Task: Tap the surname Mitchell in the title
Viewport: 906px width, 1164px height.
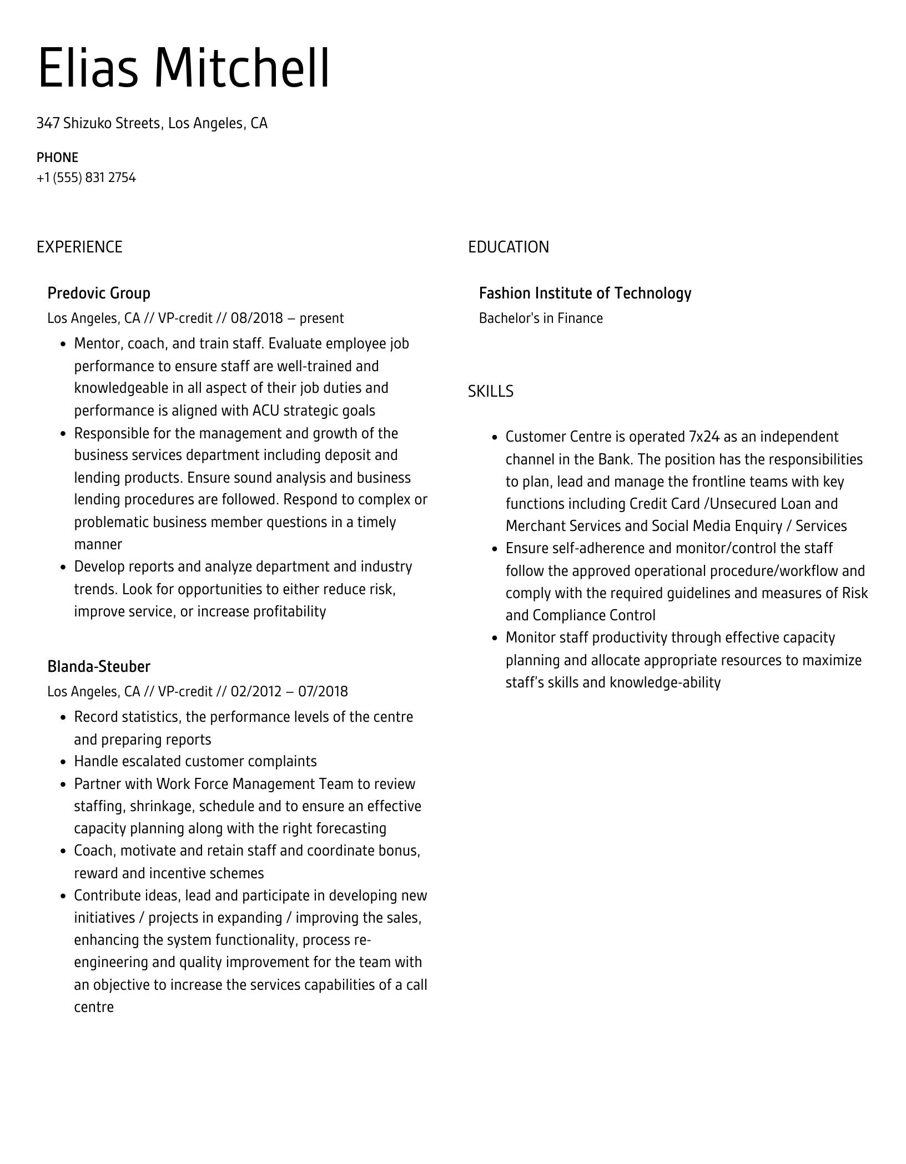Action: point(241,69)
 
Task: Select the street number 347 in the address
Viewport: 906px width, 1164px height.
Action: point(48,123)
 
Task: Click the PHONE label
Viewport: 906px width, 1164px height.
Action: point(57,158)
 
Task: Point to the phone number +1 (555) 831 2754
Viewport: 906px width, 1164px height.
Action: point(86,178)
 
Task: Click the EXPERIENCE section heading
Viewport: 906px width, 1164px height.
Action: point(79,247)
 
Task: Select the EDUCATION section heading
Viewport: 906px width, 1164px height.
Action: point(508,247)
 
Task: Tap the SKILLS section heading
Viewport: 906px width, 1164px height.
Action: point(490,392)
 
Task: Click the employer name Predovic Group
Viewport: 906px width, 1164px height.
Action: point(99,293)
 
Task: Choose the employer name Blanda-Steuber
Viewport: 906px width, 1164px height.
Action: point(99,666)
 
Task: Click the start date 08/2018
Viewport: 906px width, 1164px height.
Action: point(256,318)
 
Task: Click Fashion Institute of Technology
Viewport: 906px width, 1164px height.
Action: point(585,293)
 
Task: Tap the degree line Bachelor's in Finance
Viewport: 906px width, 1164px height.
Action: point(540,318)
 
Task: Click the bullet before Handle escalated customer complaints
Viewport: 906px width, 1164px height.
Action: point(63,762)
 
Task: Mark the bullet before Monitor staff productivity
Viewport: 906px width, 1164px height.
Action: point(495,639)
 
